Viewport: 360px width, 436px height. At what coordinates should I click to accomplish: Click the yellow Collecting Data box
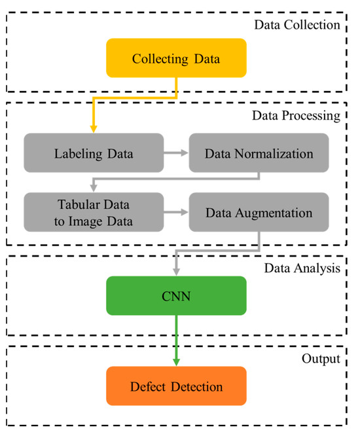click(x=177, y=58)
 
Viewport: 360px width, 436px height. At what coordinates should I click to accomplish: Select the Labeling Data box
click(x=94, y=153)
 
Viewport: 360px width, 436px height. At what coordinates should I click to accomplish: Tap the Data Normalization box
click(x=259, y=153)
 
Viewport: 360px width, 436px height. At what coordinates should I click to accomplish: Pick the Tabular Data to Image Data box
click(x=94, y=212)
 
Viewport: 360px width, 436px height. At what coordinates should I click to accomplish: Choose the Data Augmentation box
click(x=259, y=212)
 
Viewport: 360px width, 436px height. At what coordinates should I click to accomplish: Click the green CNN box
click(x=177, y=296)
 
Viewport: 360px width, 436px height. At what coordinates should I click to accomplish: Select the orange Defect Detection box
click(x=177, y=386)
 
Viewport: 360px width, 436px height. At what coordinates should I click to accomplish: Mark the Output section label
click(x=321, y=359)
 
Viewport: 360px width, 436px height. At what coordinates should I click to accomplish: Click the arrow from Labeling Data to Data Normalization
click(x=175, y=153)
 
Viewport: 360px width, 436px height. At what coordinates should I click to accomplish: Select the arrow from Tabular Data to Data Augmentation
click(x=175, y=212)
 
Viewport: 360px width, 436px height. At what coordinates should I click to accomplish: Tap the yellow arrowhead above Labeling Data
click(x=94, y=129)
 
